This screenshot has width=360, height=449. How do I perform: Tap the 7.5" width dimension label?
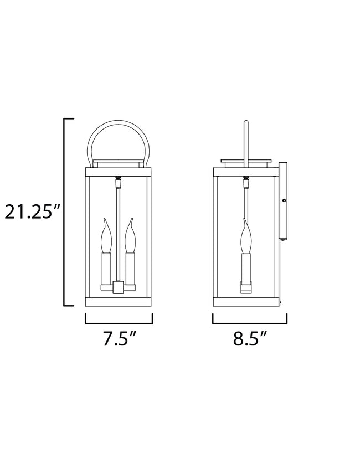(119, 339)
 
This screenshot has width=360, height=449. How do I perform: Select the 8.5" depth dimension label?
(250, 339)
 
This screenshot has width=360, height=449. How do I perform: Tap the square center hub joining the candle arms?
(118, 287)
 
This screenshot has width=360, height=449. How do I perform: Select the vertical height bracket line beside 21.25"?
(65, 213)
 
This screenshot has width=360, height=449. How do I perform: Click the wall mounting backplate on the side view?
(282, 202)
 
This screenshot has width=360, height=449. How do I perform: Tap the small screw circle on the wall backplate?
(283, 200)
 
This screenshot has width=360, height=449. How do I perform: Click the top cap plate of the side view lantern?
(246, 162)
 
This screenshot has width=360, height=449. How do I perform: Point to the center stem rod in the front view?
(117, 233)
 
